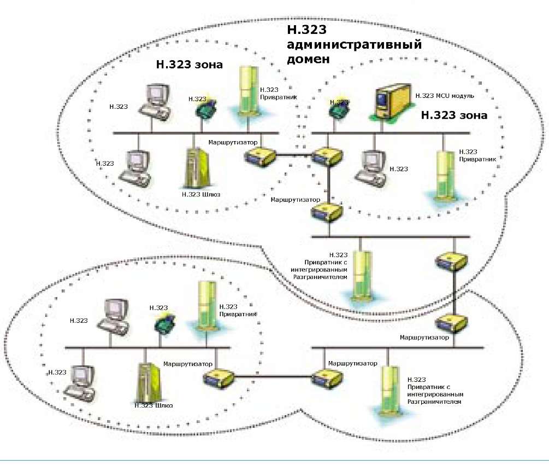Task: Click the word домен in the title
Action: point(309,59)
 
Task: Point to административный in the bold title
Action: point(355,45)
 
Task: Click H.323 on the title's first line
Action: point(307,31)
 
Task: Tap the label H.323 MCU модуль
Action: point(445,96)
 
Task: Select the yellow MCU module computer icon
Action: point(390,103)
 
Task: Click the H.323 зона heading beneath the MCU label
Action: point(454,116)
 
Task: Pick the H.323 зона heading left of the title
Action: point(190,65)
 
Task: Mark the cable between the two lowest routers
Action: point(273,376)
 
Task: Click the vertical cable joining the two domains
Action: point(455,293)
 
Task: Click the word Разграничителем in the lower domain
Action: point(434,402)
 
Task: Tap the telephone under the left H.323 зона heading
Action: point(204,108)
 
